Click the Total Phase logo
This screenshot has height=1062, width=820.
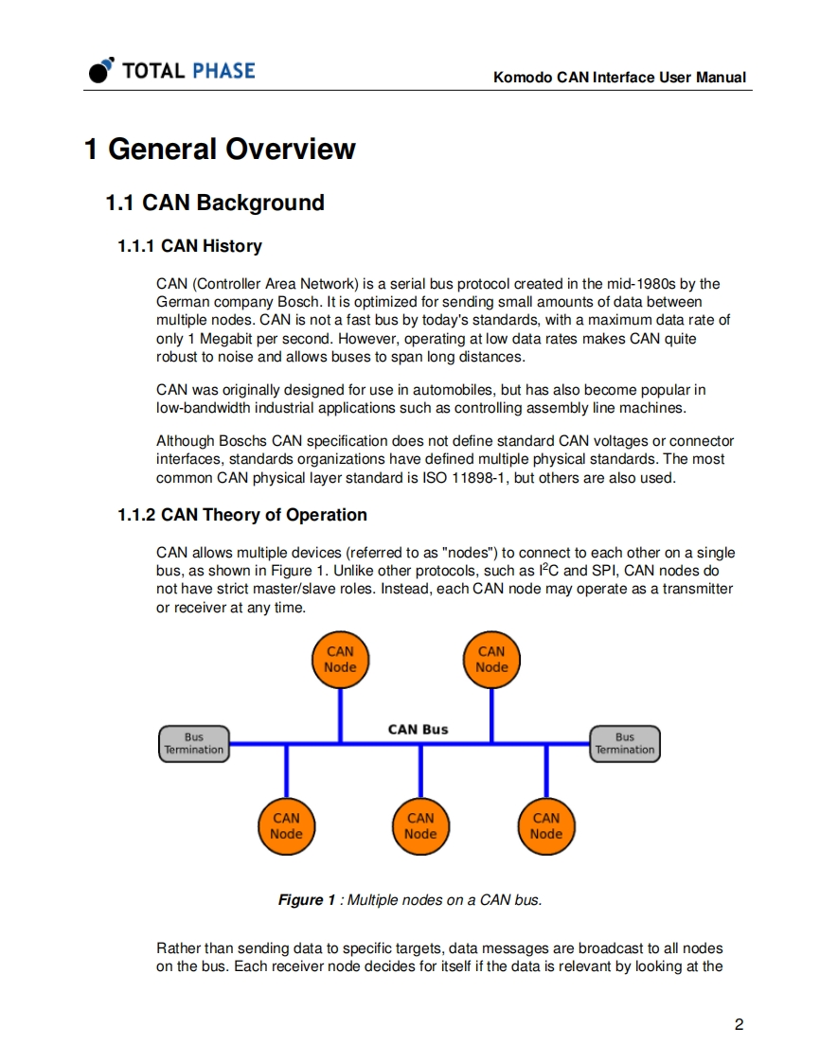coord(171,70)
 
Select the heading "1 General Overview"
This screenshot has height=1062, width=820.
coord(220,149)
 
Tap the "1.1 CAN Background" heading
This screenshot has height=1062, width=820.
coord(214,203)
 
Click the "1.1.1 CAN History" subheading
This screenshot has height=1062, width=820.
coord(189,246)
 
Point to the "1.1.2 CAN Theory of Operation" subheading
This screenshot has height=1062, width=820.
coord(242,515)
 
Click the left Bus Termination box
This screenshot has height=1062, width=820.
coord(194,743)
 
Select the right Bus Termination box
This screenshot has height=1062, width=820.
coord(625,743)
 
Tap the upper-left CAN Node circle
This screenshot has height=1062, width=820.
coord(340,660)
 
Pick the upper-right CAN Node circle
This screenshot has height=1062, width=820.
coord(491,660)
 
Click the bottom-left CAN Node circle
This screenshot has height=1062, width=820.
coord(286,825)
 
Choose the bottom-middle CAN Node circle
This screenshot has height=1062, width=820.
coord(420,825)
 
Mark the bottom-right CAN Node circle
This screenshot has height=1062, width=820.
coord(546,825)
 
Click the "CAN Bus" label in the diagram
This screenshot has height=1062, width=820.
coord(419,729)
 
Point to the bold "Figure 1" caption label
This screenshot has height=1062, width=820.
coord(306,899)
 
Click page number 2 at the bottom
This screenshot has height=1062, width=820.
coord(739,1025)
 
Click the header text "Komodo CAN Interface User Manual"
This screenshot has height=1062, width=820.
coord(619,78)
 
